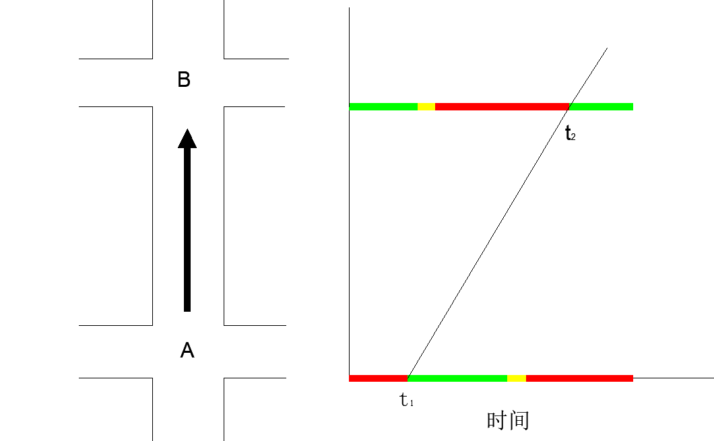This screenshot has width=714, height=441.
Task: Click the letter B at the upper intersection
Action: click(184, 80)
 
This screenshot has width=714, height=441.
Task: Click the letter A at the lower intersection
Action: click(187, 350)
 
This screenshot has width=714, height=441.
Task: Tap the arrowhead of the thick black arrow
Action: click(187, 139)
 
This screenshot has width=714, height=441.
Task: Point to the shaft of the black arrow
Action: click(187, 229)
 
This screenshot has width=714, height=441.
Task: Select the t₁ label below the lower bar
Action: click(407, 401)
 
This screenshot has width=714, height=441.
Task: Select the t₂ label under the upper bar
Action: click(570, 133)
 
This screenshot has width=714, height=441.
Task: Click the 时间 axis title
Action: click(508, 420)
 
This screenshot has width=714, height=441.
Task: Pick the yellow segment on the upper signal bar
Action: click(426, 106)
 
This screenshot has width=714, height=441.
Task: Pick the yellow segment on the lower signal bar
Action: click(517, 378)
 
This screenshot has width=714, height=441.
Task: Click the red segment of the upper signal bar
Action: click(502, 106)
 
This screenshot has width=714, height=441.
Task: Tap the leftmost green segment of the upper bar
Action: click(383, 106)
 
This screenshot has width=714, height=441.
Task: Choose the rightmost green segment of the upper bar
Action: click(602, 106)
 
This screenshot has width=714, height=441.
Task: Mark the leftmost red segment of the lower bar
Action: click(378, 378)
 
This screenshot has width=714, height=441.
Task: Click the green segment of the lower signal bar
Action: click(458, 378)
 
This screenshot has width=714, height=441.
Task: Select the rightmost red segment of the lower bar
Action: click(579, 378)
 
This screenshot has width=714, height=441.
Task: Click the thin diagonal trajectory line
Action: click(489, 242)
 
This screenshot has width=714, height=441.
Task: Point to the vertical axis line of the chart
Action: click(350, 202)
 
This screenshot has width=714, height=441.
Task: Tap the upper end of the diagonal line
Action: click(607, 48)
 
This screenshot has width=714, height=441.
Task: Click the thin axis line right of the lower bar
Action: click(674, 378)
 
